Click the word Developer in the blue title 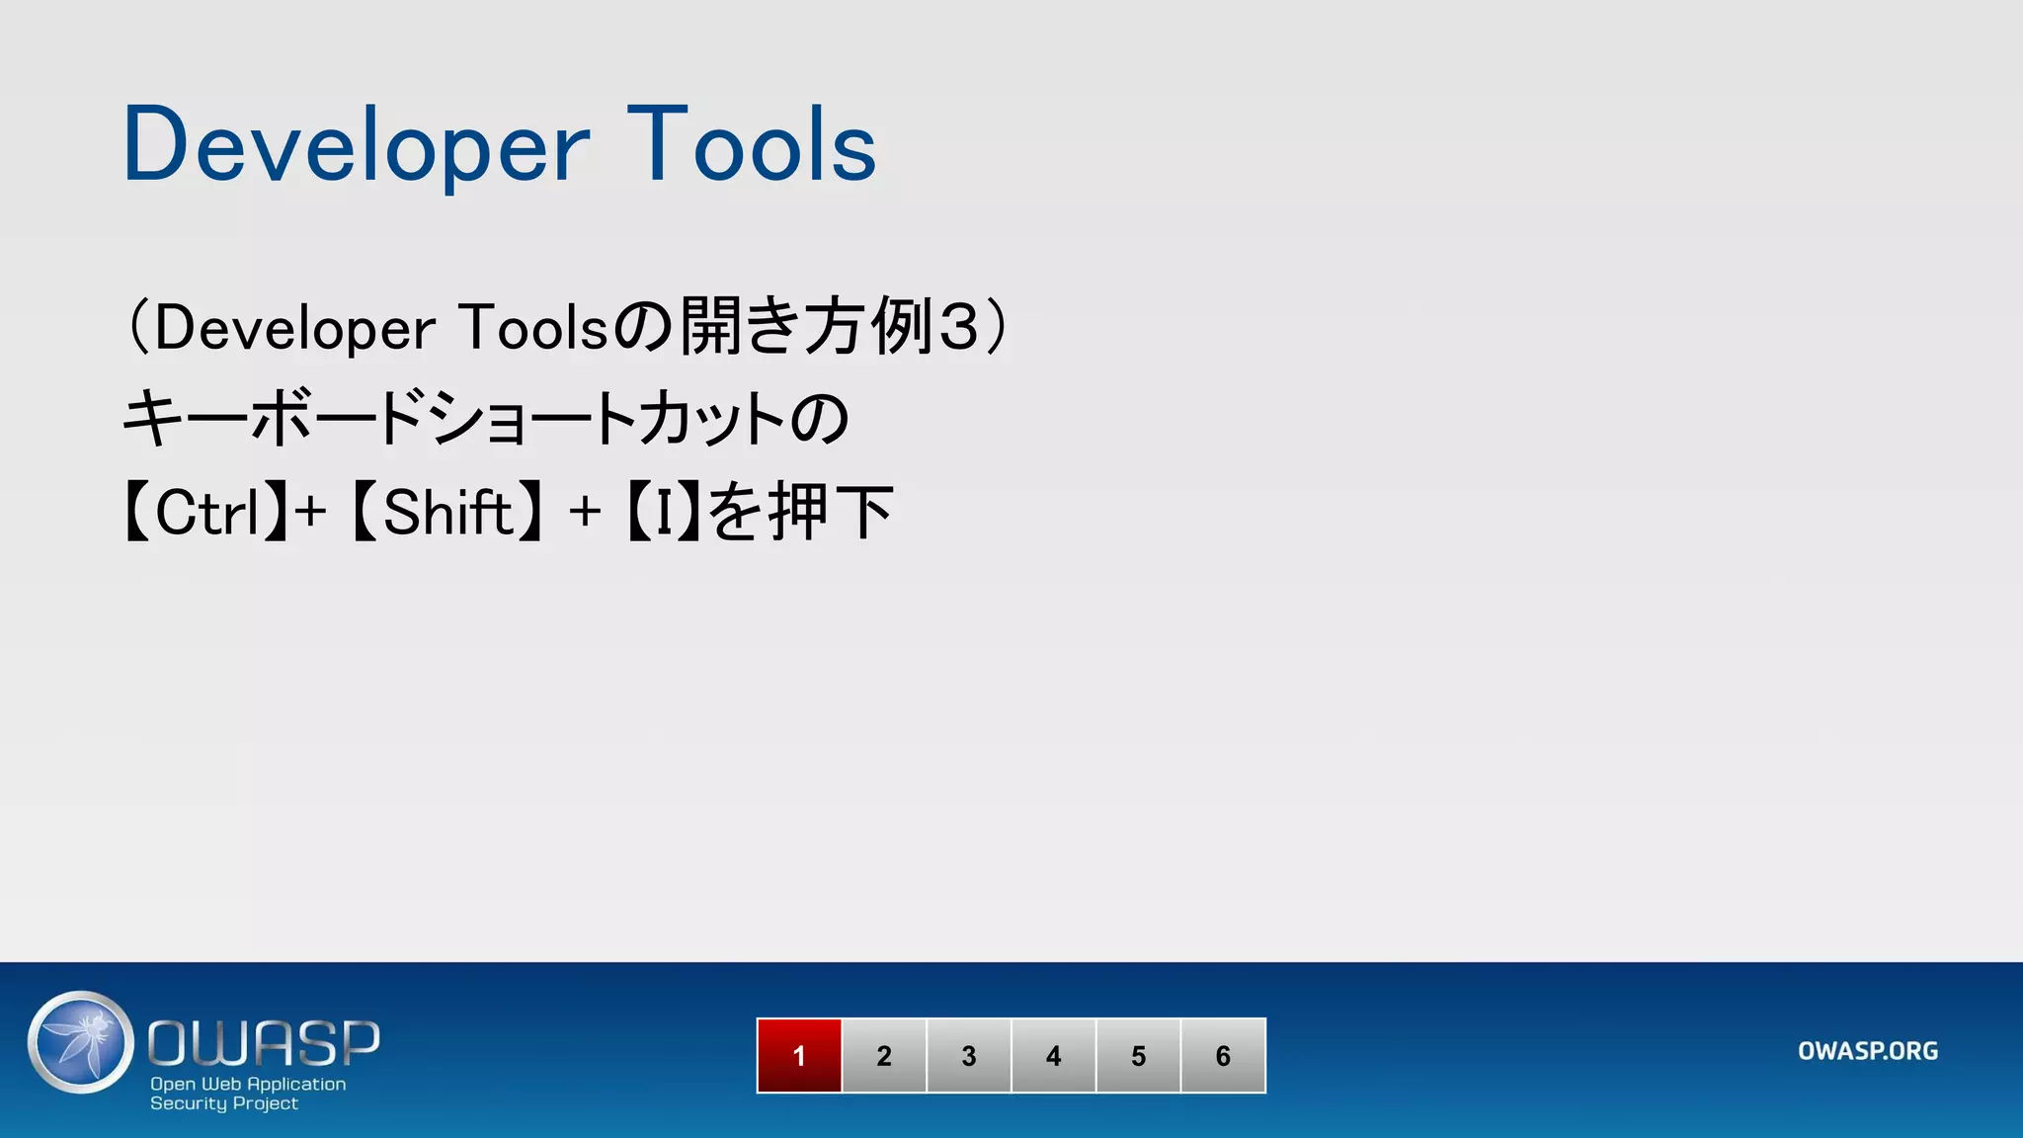click(356, 146)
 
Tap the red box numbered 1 click(799, 1055)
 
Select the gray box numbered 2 click(884, 1055)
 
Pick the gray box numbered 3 click(969, 1055)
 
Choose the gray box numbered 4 click(1054, 1055)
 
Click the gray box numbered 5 click(1138, 1055)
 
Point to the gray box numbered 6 click(1223, 1055)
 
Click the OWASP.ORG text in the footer click(1867, 1051)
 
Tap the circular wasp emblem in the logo click(81, 1042)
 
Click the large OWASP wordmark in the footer click(264, 1043)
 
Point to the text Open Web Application click(248, 1084)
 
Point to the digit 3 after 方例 click(957, 327)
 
